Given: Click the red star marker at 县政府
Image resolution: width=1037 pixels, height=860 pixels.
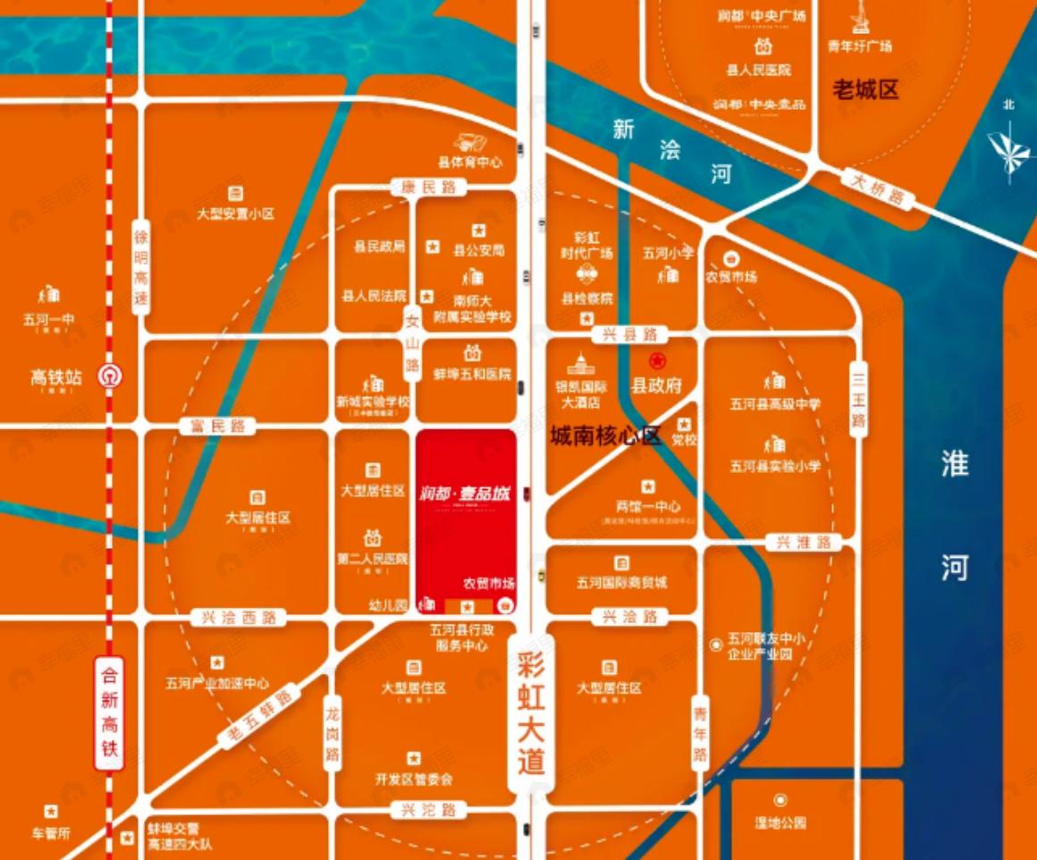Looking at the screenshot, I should click(657, 362).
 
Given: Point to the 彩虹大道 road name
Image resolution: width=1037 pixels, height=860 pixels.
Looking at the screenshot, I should click(531, 712).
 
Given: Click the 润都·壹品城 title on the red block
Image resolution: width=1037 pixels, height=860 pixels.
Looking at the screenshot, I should click(465, 492).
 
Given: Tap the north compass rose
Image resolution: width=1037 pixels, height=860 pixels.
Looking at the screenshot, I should click(1010, 148).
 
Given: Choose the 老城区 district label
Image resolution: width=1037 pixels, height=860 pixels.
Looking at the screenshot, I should click(864, 89).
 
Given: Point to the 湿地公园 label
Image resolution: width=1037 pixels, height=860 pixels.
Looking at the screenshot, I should click(780, 822).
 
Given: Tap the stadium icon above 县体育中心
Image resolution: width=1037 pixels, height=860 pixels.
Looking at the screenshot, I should click(469, 143).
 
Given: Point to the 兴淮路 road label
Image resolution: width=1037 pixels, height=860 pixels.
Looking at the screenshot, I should click(804, 542).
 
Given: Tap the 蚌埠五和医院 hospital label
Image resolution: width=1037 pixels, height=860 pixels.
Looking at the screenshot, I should click(472, 375).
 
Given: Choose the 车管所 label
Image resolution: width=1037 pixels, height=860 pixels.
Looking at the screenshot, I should click(51, 833).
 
